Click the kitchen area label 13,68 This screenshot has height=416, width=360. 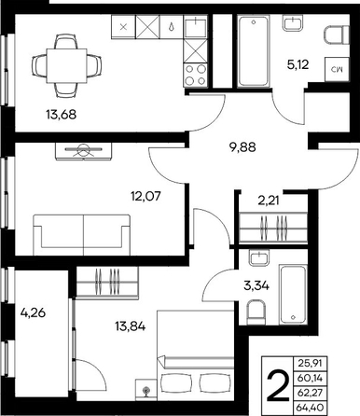62,115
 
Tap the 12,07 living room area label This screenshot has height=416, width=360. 145,196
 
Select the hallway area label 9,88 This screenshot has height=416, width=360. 242,147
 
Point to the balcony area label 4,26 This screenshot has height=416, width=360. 33,312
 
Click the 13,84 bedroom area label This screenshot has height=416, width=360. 130,326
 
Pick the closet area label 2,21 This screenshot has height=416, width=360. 269,201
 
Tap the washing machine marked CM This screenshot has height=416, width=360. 337,70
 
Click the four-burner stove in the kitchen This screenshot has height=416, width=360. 195,75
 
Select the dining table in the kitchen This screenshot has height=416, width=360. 66,65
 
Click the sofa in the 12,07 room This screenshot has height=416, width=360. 81,235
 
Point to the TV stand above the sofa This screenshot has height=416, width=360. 83,151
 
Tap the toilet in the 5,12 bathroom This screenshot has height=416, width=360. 337,35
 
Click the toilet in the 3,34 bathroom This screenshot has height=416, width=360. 256,312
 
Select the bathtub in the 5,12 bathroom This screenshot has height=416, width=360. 253,51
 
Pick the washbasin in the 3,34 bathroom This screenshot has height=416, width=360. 259,257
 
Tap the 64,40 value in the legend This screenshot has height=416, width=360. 311,407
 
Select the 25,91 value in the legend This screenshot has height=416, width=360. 311,363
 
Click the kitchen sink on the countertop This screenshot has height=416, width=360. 195,27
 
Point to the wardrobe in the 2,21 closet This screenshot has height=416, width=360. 273,228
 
